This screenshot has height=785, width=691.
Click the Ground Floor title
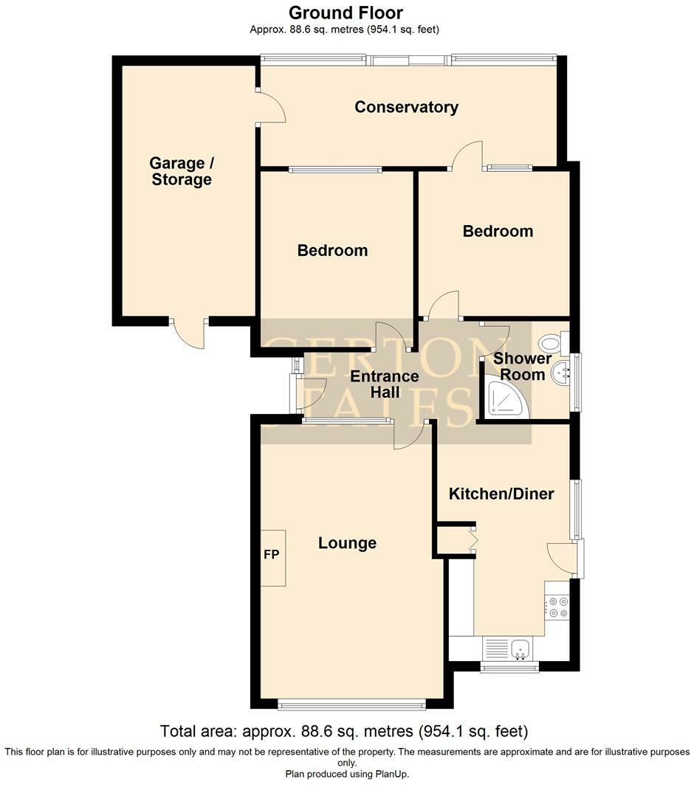(345, 13)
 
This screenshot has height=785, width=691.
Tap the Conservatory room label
(406, 107)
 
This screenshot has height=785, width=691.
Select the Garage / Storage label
(182, 171)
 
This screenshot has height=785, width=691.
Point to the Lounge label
(347, 544)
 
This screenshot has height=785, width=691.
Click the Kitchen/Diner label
(501, 494)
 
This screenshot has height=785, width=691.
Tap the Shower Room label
(523, 367)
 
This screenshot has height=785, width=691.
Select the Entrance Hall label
(384, 384)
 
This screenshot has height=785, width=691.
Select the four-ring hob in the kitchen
(557, 607)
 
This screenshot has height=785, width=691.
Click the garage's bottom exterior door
(189, 333)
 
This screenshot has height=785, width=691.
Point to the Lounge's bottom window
(351, 705)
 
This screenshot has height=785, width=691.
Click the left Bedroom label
(332, 251)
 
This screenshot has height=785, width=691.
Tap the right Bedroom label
(498, 232)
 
